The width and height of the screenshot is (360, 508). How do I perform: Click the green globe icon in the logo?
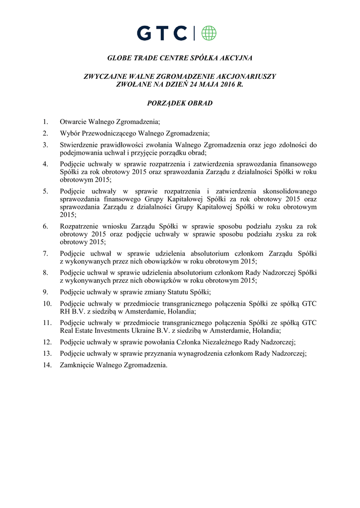tap(209, 33)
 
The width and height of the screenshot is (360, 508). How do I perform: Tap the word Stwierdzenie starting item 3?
tap(79, 145)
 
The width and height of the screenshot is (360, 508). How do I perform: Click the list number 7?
tap(45, 254)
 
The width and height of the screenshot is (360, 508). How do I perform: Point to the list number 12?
tap(47, 342)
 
